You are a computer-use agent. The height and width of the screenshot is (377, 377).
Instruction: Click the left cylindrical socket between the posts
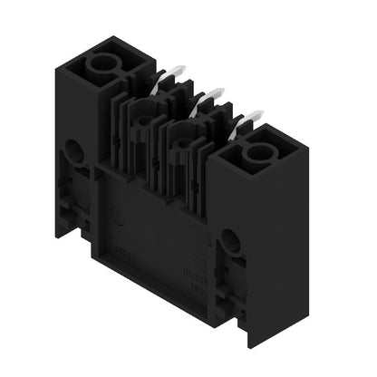(142, 117)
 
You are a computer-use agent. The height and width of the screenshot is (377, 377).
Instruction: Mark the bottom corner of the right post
(250, 348)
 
